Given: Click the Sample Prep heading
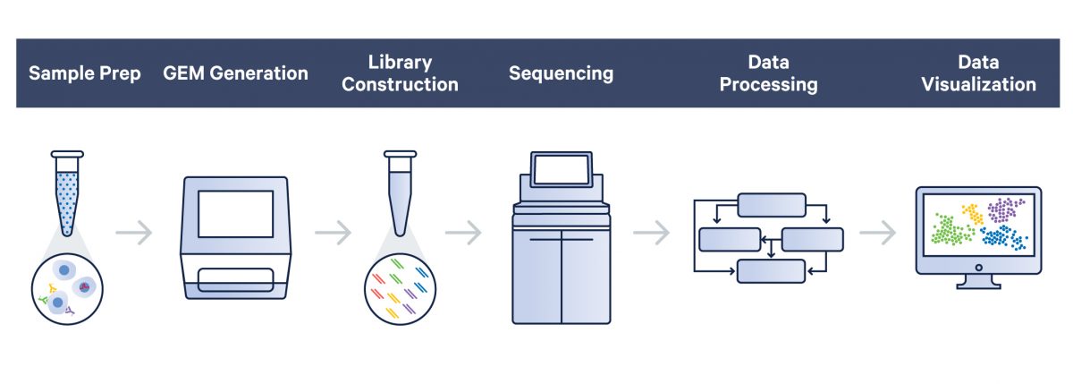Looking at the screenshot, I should click(85, 73).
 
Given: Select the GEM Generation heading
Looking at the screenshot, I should click(235, 73).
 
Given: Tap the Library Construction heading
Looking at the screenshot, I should click(400, 73).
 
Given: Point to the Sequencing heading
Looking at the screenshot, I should click(561, 73).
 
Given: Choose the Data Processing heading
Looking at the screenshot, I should click(768, 73).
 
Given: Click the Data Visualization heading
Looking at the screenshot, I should click(978, 73).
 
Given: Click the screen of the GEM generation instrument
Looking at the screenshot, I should click(235, 213).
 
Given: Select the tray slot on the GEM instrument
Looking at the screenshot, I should click(235, 279).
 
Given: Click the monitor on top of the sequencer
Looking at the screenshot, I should click(561, 170).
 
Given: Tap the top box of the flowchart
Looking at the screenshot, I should click(771, 205).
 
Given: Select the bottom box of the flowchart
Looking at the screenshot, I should click(771, 270).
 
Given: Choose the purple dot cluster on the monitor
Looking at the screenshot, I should click(1006, 212).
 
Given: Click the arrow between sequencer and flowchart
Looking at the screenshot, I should click(651, 234).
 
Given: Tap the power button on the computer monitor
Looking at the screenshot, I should click(978, 269).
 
